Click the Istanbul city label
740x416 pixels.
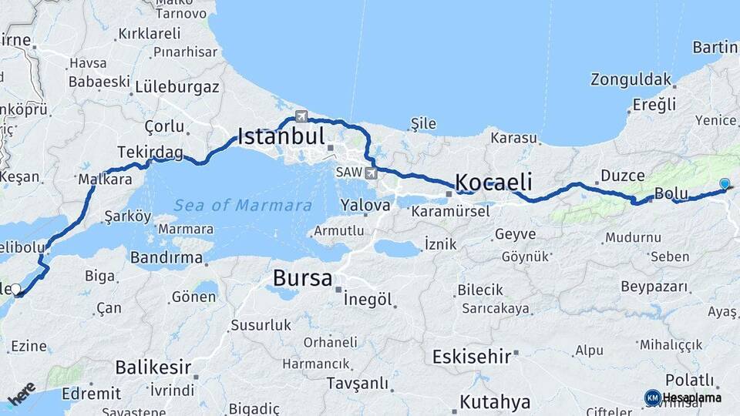tap(281, 137)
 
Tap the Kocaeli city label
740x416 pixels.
tap(493, 183)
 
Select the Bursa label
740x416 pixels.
tap(302, 277)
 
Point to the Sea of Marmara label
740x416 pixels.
tap(243, 206)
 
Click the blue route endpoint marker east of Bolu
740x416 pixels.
tap(725, 183)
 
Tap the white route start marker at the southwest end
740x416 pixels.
tap(15, 290)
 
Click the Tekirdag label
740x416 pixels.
tap(150, 153)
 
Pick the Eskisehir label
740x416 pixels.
tap(472, 357)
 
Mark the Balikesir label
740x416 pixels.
tap(153, 366)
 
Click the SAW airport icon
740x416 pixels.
tap(372, 173)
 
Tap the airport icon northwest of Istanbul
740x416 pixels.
tap(301, 117)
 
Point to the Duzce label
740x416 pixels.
tap(622, 176)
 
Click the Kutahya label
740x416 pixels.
tap(495, 402)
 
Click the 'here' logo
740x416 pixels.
tap(22, 393)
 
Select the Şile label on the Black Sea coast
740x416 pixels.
tap(423, 123)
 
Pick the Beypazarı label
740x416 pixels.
tap(654, 287)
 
